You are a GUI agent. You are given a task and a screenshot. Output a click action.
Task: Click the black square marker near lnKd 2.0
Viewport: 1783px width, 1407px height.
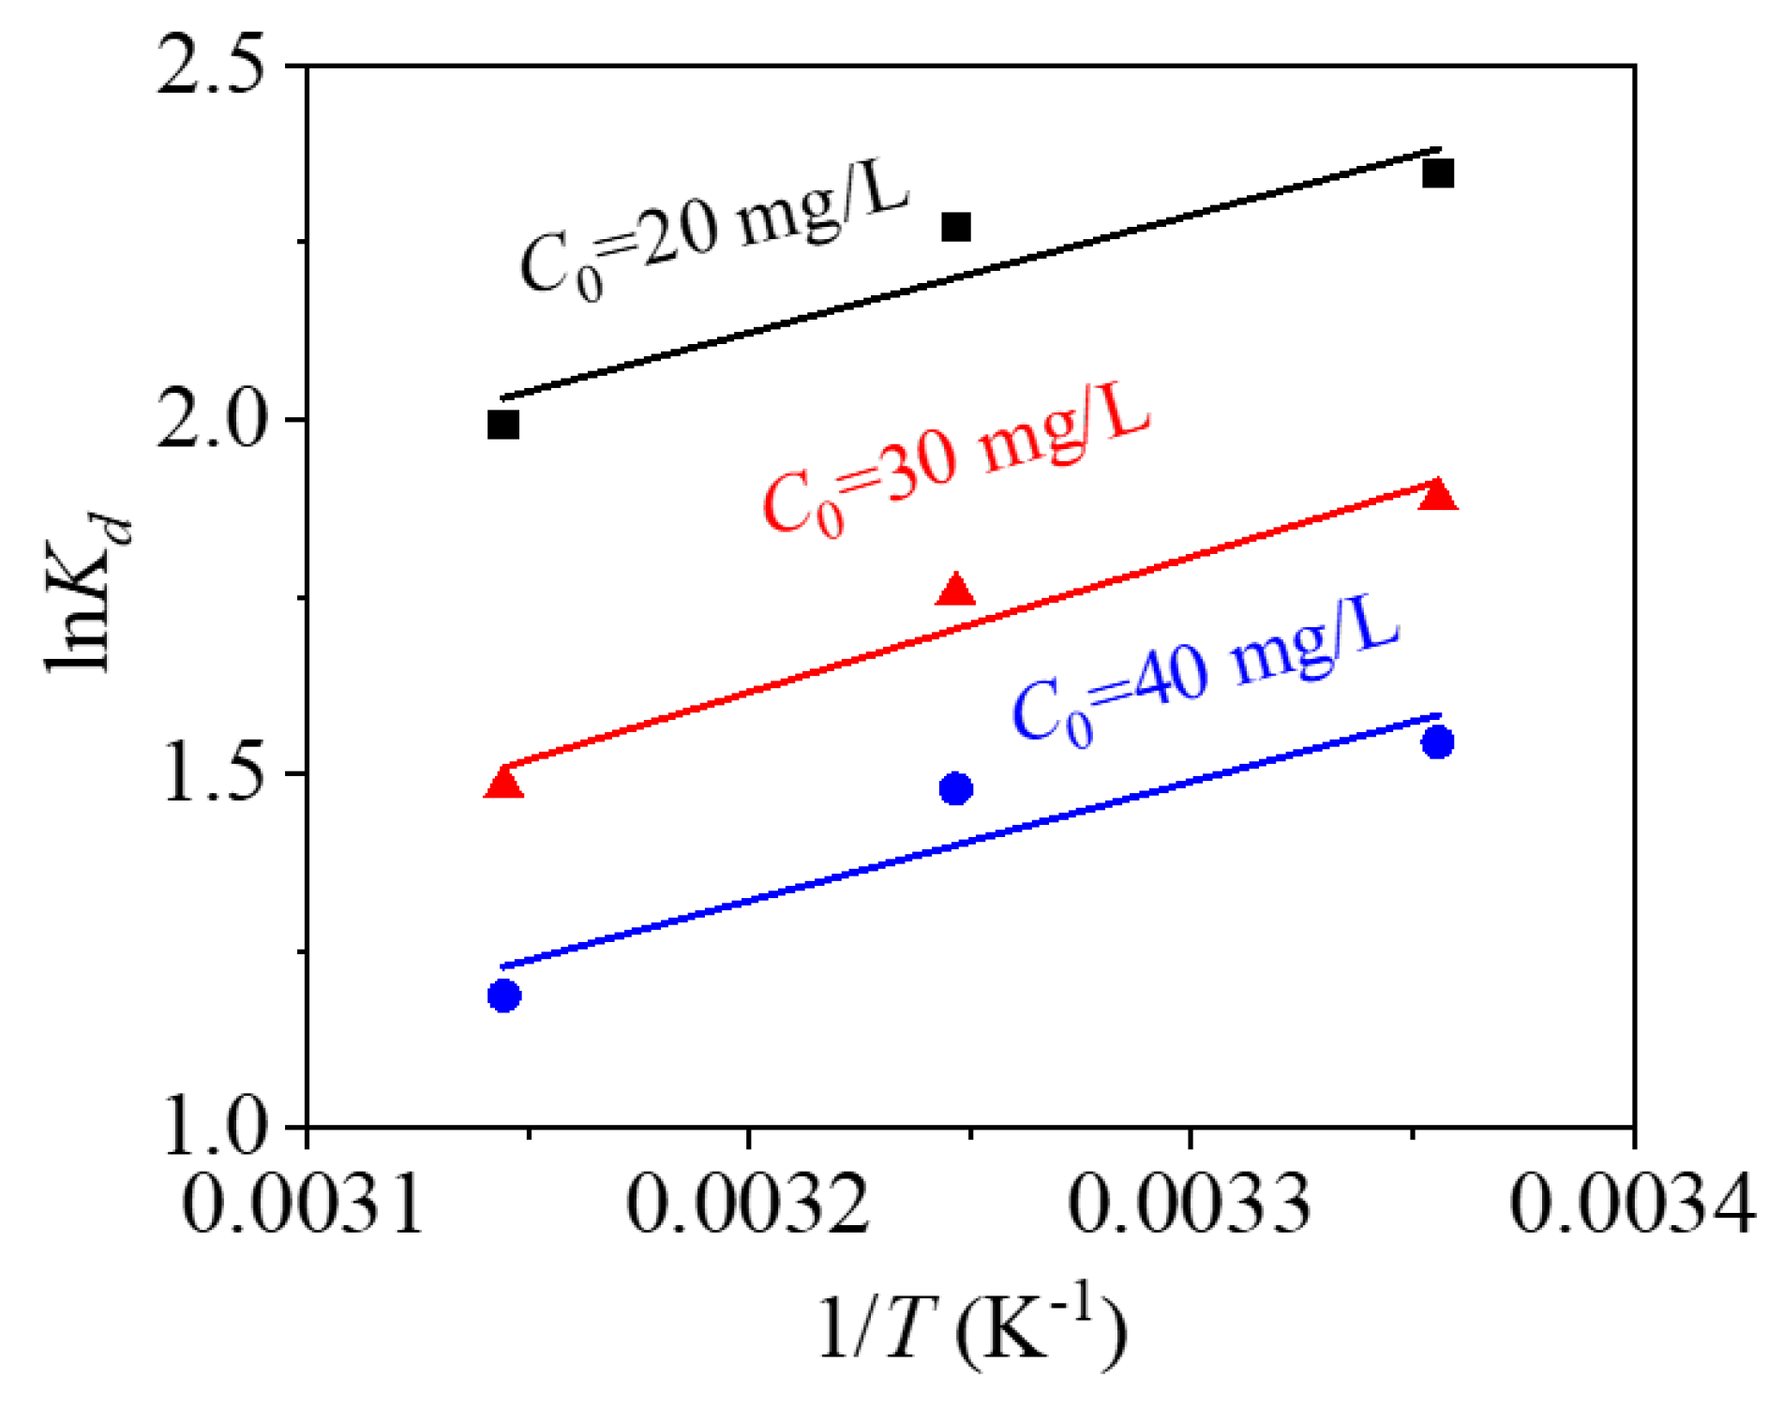[x=503, y=425]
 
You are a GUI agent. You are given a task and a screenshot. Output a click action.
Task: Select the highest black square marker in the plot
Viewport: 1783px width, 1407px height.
[x=1438, y=173]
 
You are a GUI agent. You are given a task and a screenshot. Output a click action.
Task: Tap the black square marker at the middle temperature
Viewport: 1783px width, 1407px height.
[x=955, y=227]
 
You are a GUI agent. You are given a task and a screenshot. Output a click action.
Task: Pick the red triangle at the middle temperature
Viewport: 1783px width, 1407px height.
[x=955, y=591]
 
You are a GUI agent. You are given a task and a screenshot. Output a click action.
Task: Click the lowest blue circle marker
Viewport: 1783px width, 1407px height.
[x=504, y=995]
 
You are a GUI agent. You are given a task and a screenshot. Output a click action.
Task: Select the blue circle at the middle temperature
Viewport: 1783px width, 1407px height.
[x=955, y=789]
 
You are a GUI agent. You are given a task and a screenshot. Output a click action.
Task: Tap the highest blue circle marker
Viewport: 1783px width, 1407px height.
[x=1438, y=742]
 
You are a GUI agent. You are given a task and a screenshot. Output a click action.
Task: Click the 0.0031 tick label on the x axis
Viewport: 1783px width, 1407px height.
[x=305, y=1203]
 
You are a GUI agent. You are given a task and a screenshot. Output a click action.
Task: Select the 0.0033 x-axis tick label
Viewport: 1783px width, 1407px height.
[x=1190, y=1203]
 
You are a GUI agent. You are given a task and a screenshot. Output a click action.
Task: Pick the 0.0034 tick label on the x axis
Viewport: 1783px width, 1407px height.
[x=1632, y=1203]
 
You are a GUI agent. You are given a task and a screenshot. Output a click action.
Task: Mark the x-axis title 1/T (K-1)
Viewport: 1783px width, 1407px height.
[x=971, y=1329]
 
